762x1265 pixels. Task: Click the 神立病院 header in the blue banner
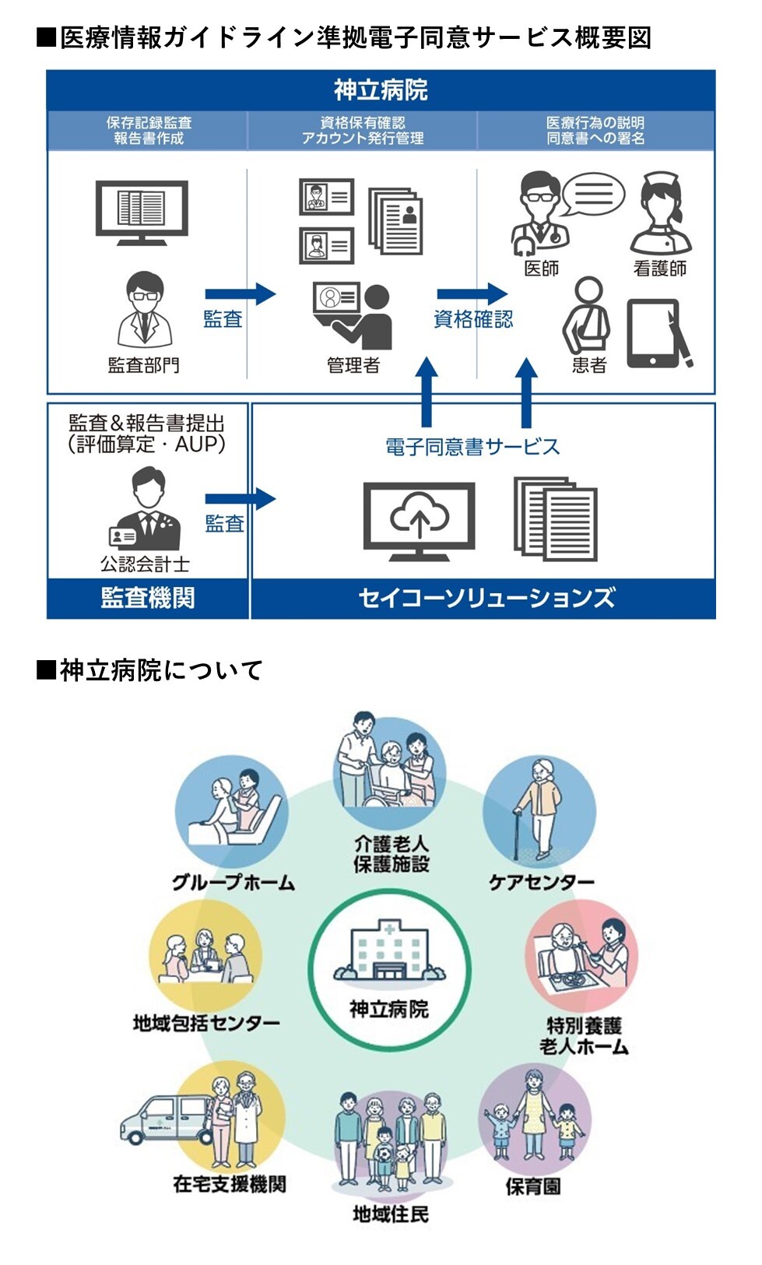(381, 90)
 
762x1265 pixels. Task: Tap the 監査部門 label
(143, 364)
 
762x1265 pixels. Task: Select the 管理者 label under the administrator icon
(353, 364)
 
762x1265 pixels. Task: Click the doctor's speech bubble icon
(594, 194)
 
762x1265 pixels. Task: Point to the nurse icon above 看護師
(660, 213)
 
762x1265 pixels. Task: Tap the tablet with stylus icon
(658, 334)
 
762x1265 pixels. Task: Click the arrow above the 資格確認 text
(472, 293)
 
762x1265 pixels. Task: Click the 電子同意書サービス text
(472, 447)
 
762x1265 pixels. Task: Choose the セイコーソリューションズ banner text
(486, 598)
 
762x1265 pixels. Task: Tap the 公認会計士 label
(145, 564)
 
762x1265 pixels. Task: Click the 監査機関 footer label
(147, 598)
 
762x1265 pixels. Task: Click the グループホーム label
(234, 882)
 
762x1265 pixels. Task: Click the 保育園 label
(533, 1186)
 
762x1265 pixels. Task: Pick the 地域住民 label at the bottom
(390, 1214)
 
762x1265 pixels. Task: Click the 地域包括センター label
(206, 1023)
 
